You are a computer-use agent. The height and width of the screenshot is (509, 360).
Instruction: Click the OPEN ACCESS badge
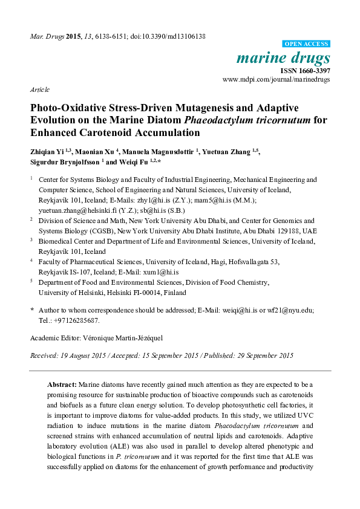307,44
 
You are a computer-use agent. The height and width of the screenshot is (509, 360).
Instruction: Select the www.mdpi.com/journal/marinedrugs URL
277,79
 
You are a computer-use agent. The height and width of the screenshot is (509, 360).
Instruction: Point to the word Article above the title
39,89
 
